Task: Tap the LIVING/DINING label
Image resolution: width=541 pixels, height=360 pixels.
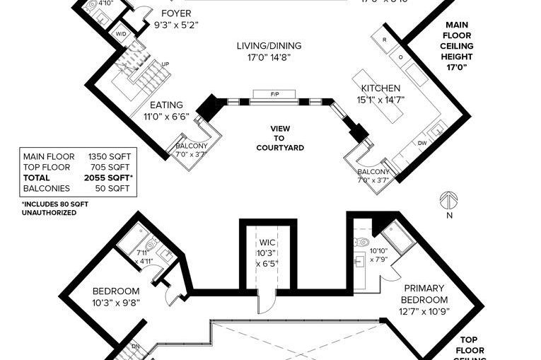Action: click(269, 46)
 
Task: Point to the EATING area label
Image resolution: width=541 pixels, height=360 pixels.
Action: click(166, 105)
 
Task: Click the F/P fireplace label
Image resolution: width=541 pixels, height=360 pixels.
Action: click(274, 94)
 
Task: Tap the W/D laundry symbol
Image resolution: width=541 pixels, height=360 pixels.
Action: click(121, 33)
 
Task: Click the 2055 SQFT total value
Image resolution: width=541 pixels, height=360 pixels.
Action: click(110, 178)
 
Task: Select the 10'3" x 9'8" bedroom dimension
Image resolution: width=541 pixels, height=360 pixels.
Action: click(117, 302)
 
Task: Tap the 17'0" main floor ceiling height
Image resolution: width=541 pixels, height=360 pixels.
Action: click(458, 68)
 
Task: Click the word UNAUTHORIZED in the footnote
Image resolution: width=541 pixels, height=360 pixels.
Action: click(49, 212)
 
